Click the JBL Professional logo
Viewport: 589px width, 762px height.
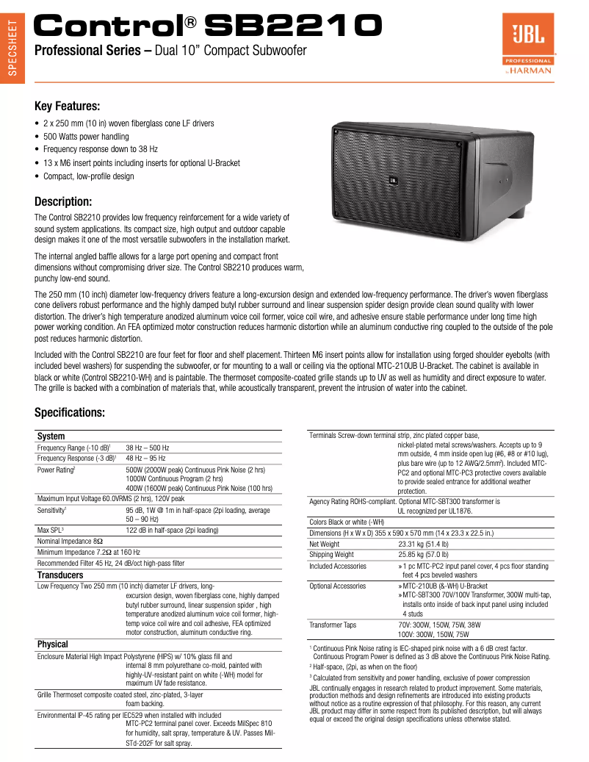(527, 45)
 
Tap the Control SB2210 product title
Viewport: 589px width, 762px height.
(209, 27)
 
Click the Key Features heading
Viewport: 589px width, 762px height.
(67, 106)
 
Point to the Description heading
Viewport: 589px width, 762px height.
(63, 201)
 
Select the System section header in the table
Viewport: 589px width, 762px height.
(51, 436)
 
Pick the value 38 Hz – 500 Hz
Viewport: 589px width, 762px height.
(147, 448)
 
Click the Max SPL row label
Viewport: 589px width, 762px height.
(51, 530)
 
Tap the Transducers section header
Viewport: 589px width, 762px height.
(60, 575)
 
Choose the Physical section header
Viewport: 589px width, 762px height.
(52, 644)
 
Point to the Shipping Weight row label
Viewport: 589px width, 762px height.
(331, 555)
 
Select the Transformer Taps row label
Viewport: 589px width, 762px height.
(333, 625)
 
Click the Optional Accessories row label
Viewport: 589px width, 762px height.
(337, 586)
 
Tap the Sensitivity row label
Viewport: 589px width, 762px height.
(52, 509)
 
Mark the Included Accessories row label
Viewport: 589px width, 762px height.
(338, 567)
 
